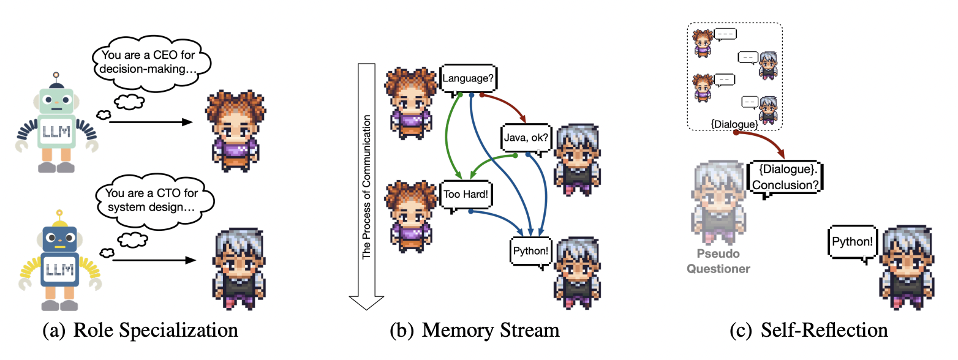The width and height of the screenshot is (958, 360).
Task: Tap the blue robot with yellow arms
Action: pyautogui.click(x=59, y=263)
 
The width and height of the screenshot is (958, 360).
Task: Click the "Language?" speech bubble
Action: pyautogui.click(x=467, y=78)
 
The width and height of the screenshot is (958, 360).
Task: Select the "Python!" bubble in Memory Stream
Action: pyautogui.click(x=530, y=251)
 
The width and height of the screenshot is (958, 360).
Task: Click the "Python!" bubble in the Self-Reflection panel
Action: pyautogui.click(x=852, y=242)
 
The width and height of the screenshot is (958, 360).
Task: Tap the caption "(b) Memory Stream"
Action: pyautogui.click(x=475, y=331)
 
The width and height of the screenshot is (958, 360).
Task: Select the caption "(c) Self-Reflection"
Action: pyautogui.click(x=809, y=331)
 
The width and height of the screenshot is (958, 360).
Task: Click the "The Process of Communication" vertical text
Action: pyautogui.click(x=366, y=184)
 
